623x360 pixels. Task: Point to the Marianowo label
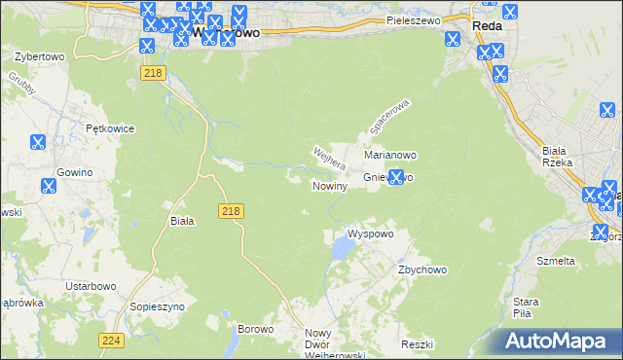[390, 155]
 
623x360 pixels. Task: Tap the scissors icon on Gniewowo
[395, 177]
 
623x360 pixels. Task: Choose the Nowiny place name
[329, 186]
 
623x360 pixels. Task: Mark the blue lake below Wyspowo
[342, 252]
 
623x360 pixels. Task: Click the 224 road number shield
[111, 340]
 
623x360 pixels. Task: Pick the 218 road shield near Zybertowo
[151, 74]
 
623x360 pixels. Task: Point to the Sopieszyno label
[157, 306]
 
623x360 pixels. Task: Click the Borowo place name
[256, 330]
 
